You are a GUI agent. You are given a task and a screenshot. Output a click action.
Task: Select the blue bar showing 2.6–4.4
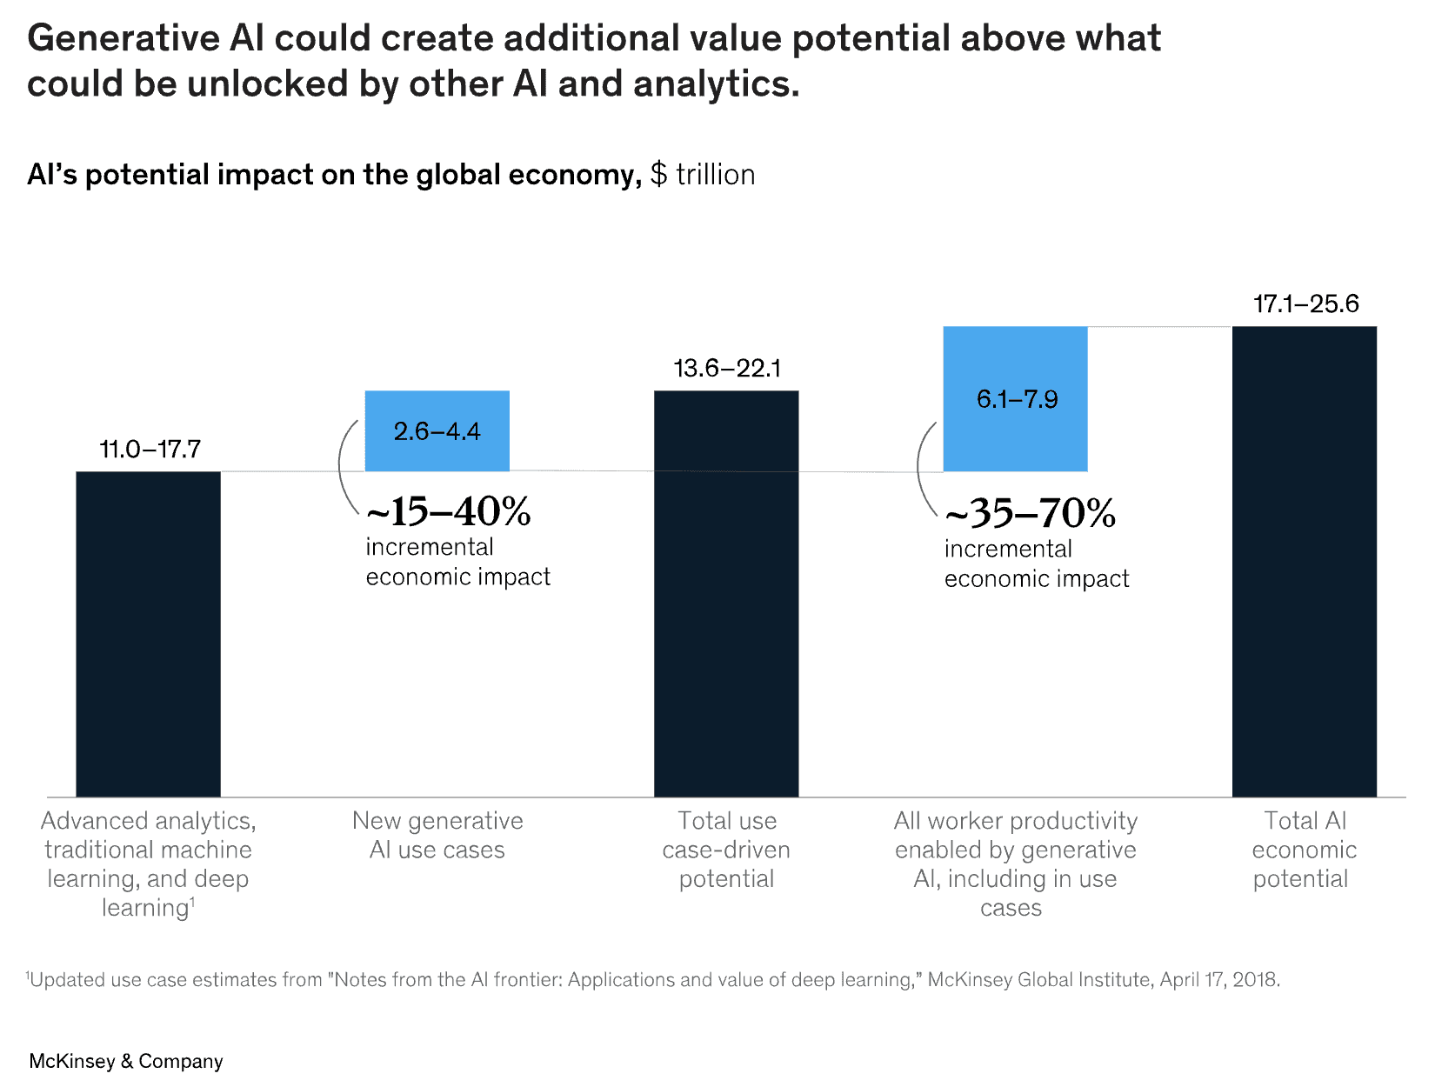point(437,431)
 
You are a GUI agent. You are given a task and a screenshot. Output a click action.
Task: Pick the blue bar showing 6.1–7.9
point(1015,399)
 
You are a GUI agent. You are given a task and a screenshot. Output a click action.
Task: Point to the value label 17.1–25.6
point(1305,304)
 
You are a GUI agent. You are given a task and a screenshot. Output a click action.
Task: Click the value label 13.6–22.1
point(727,369)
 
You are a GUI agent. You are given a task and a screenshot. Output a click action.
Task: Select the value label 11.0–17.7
point(150,450)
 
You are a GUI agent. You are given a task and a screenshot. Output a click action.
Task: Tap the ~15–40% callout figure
point(448,512)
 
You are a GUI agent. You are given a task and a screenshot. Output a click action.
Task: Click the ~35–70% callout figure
point(1030,514)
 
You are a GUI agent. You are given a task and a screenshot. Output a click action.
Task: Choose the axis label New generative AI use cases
point(437,835)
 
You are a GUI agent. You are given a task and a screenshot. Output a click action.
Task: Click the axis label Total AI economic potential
point(1304,850)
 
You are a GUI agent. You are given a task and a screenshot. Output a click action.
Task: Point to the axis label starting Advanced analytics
point(148,864)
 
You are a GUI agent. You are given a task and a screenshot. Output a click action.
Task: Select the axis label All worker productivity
point(1015,864)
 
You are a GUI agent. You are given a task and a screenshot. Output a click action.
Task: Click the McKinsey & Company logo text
point(126,1061)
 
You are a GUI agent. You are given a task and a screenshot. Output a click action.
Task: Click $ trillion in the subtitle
point(703,175)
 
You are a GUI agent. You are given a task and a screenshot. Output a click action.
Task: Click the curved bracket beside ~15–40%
point(345,468)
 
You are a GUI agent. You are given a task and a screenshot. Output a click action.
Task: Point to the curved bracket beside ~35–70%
point(924,470)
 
